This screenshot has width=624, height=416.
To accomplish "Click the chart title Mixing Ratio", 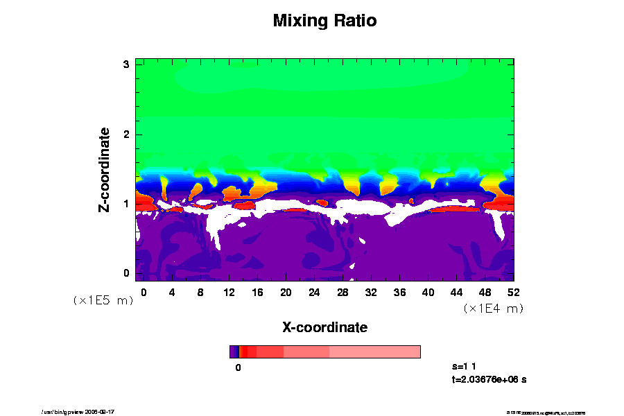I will [x=324, y=21].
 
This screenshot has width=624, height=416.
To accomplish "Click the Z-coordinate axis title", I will [x=105, y=169].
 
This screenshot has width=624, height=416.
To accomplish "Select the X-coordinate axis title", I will [x=324, y=327].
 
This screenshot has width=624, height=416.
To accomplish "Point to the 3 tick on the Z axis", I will [x=127, y=64].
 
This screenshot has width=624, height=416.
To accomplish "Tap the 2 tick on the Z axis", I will [x=127, y=134].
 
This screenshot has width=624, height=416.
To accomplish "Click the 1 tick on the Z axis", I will [x=127, y=204].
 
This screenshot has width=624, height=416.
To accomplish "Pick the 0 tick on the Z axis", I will [x=127, y=273].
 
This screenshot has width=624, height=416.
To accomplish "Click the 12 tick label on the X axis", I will [x=229, y=292].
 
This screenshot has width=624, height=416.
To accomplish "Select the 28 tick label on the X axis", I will [x=343, y=292].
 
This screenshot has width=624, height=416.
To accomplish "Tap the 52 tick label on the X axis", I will [x=513, y=292].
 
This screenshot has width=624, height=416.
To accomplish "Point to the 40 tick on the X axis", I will [x=428, y=292].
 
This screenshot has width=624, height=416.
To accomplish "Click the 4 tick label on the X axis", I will [x=172, y=292].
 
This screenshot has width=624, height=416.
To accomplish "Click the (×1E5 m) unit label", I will [x=103, y=300].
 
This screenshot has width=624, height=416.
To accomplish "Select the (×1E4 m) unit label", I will [x=493, y=308].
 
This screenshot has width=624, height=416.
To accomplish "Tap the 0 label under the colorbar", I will [x=238, y=368].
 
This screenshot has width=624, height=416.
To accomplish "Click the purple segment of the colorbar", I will [x=234, y=352].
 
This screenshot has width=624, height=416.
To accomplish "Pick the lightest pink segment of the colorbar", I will [x=374, y=352].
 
